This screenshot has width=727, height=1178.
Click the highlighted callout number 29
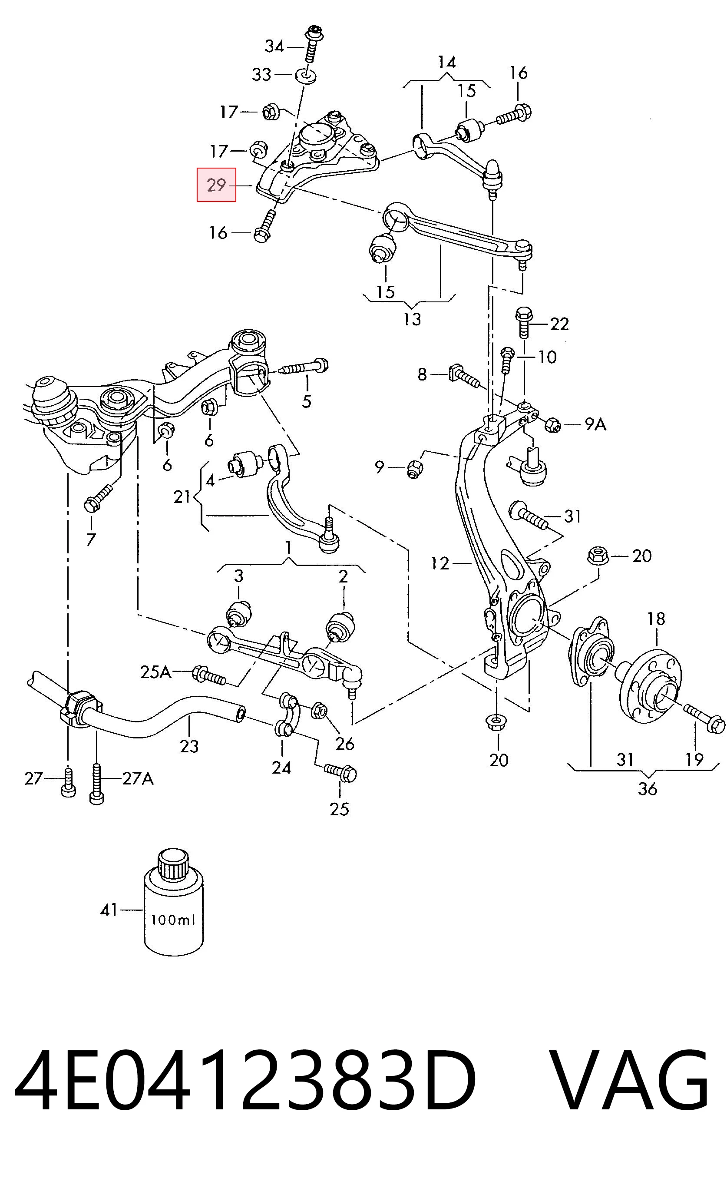point(216,185)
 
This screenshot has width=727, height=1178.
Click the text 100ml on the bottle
point(174,920)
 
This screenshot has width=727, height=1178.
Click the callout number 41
point(109,910)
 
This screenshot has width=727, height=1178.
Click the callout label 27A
point(138,778)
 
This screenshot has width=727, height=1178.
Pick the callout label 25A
point(156,672)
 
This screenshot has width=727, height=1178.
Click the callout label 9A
point(595,424)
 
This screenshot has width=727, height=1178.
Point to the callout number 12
point(440,563)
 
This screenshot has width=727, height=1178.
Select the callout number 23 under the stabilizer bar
point(189,746)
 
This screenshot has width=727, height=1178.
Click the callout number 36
point(647,789)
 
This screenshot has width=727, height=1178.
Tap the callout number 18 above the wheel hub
point(656,619)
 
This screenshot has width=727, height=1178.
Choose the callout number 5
point(307,401)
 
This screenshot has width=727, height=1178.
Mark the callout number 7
point(91,539)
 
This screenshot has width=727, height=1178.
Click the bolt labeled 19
point(705,718)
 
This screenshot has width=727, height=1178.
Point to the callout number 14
point(447,63)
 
